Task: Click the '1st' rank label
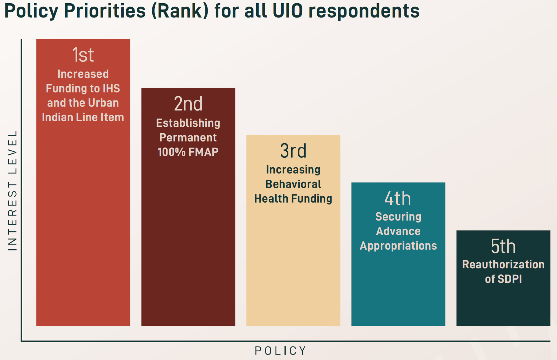click(x=83, y=55)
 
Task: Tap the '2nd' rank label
click(x=188, y=104)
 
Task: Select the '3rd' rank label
click(x=293, y=151)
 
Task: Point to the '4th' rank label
click(x=398, y=198)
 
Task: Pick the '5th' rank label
click(x=503, y=246)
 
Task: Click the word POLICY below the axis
click(x=280, y=351)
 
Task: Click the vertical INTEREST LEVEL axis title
click(x=12, y=190)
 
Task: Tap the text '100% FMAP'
click(x=188, y=152)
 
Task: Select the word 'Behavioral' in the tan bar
click(x=293, y=184)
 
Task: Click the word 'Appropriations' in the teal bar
click(x=398, y=246)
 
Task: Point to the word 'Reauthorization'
click(x=503, y=265)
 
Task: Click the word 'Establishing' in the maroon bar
click(x=188, y=123)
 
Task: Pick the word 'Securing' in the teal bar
click(x=398, y=217)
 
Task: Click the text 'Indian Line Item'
click(x=83, y=117)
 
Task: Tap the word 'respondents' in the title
click(x=364, y=11)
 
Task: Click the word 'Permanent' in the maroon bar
click(x=188, y=138)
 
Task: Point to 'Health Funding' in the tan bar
click(x=293, y=199)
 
